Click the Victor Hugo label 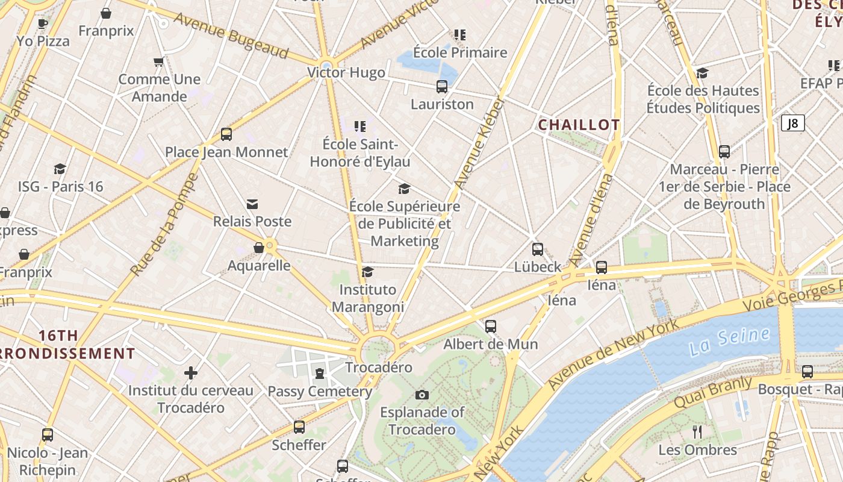(x=346, y=73)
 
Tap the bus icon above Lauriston (x=442, y=87)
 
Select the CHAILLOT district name (x=579, y=125)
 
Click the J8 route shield (x=793, y=124)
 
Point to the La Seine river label (x=729, y=341)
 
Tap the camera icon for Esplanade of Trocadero (x=422, y=395)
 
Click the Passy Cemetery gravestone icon (x=319, y=374)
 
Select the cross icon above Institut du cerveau (x=191, y=373)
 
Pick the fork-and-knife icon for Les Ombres (x=697, y=431)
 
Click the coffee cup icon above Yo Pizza (x=43, y=23)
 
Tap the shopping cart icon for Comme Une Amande (x=159, y=61)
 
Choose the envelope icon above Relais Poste (x=252, y=204)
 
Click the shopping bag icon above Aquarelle (x=259, y=248)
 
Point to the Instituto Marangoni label (x=368, y=298)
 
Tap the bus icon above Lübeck (x=538, y=249)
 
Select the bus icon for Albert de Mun (x=491, y=327)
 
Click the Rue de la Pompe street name (x=164, y=225)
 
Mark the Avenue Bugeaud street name (x=231, y=36)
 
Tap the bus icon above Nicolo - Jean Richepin (x=48, y=434)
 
